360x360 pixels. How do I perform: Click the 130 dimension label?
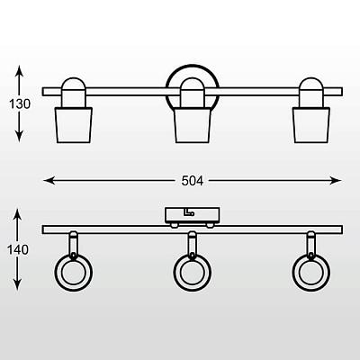(x=20, y=104)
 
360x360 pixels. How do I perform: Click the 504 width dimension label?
(x=193, y=181)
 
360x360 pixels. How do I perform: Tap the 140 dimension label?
(x=18, y=249)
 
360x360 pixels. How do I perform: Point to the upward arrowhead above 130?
(x=19, y=70)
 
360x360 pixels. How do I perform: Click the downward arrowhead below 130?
(x=19, y=136)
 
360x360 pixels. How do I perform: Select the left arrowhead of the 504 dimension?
(x=49, y=181)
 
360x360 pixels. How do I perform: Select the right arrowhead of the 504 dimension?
(x=336, y=181)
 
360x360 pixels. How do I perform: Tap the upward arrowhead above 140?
(x=18, y=215)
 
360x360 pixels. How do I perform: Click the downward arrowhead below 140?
(x=18, y=284)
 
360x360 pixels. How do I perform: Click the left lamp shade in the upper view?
(x=74, y=125)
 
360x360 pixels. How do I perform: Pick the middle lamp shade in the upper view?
(x=193, y=125)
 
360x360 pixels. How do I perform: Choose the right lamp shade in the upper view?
(x=311, y=125)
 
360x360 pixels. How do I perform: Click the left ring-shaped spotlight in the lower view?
(x=74, y=286)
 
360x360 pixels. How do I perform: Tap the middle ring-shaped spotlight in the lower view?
(x=192, y=286)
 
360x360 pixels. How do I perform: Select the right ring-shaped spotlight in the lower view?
(x=311, y=286)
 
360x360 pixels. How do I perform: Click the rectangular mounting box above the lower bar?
(x=193, y=215)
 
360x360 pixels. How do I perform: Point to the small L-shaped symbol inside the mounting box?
(x=189, y=212)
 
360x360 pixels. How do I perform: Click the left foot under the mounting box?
(x=174, y=225)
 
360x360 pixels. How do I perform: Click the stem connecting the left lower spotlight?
(x=74, y=244)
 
